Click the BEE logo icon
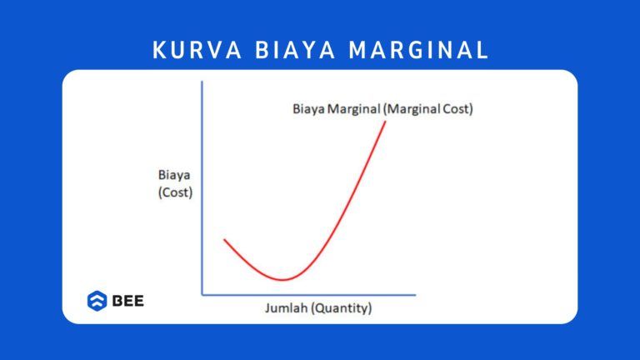coord(97,300)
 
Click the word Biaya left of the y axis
coord(173,175)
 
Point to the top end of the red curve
coord(386,122)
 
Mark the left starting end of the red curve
coord(224,240)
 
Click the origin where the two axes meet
coord(202,294)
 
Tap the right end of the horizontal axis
coord(415,294)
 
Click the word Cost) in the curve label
coord(455,108)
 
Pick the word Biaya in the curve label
coord(308,108)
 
